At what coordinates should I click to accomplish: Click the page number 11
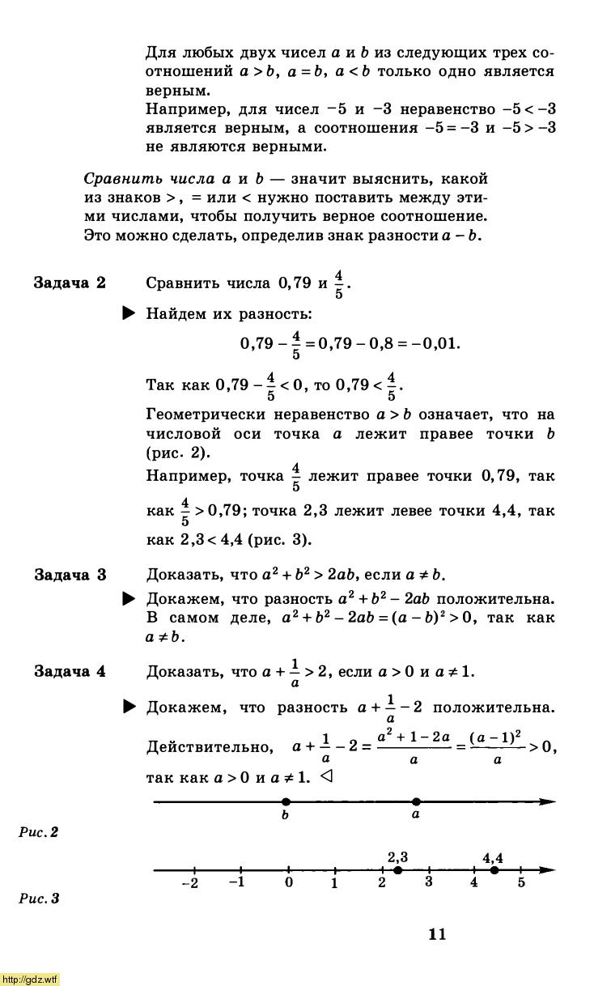click(437, 934)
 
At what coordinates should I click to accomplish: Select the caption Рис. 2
click(39, 831)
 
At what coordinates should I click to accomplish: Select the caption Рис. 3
click(39, 898)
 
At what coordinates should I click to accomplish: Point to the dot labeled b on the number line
click(285, 801)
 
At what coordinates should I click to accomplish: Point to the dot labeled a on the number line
click(416, 801)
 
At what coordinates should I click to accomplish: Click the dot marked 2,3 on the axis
click(397, 870)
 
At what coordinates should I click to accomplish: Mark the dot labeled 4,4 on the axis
click(494, 870)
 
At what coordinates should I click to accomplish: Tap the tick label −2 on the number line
click(190, 883)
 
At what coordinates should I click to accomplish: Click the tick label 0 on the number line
click(289, 882)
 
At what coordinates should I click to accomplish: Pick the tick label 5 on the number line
click(521, 882)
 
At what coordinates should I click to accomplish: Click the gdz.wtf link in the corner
click(30, 980)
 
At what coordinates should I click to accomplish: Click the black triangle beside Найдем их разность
click(129, 313)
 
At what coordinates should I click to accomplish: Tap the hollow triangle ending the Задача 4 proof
click(327, 776)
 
